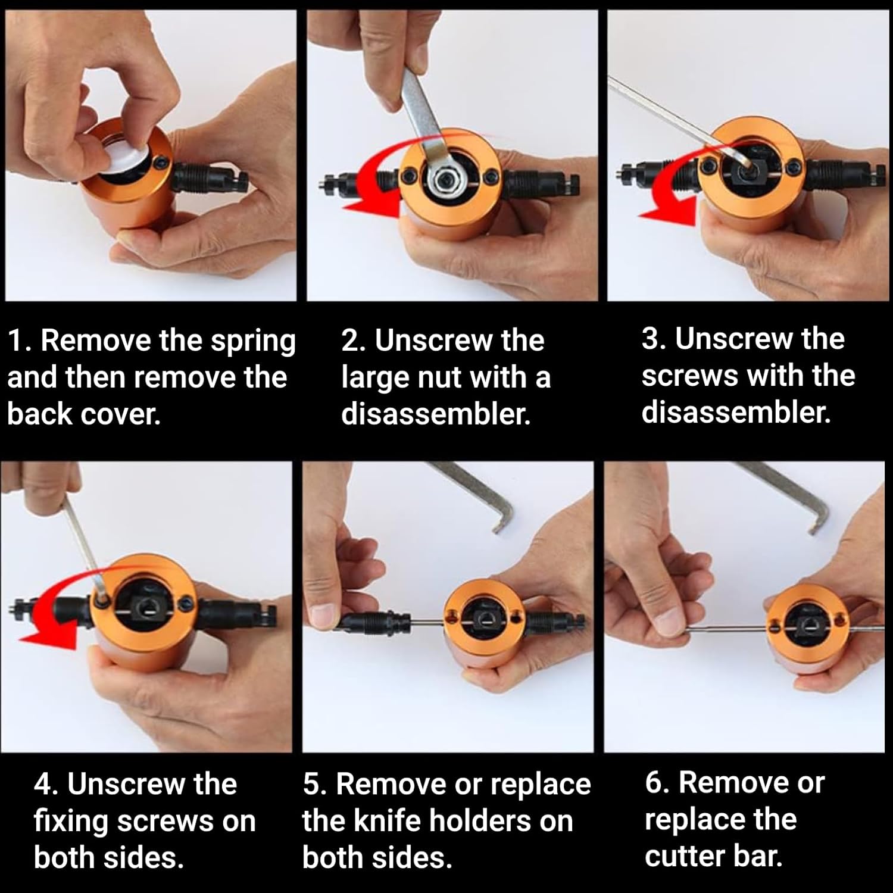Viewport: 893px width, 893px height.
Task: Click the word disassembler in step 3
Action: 736,413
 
